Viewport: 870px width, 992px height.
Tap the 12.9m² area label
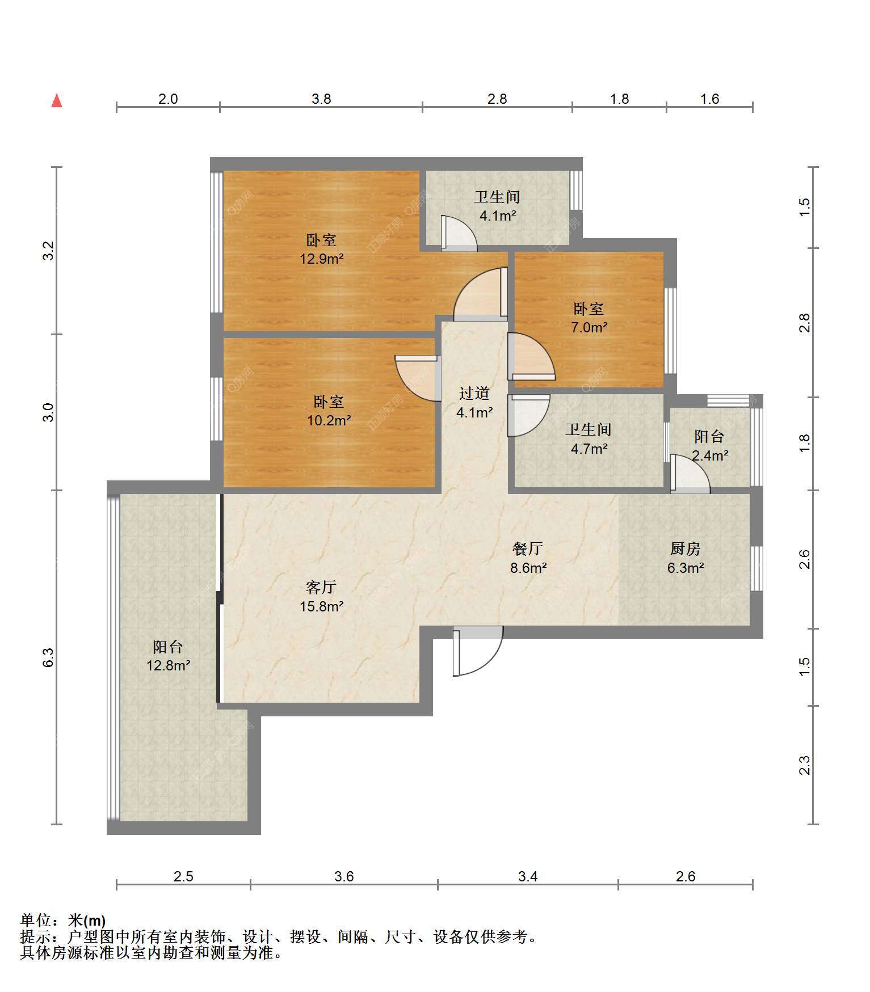point(322,259)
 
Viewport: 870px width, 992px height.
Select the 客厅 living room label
point(321,587)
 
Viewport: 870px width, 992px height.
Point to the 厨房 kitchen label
point(685,548)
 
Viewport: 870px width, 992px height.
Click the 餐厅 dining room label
point(527,548)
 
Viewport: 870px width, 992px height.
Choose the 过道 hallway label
point(474,393)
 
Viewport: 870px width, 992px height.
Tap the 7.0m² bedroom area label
point(589,327)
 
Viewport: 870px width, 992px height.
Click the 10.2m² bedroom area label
point(329,421)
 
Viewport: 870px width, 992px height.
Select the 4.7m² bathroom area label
point(589,449)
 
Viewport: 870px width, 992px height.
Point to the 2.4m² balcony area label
point(710,455)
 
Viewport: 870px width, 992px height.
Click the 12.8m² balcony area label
point(168,665)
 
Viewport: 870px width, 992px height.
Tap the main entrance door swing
point(478,651)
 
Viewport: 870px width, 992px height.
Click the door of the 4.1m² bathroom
point(459,233)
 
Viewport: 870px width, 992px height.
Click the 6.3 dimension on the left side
point(49,657)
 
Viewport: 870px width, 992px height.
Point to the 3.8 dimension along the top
point(321,99)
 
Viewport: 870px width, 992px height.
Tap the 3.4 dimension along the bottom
point(528,876)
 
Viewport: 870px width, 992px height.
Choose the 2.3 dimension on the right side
point(805,765)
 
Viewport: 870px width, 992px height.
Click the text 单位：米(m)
point(63,921)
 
